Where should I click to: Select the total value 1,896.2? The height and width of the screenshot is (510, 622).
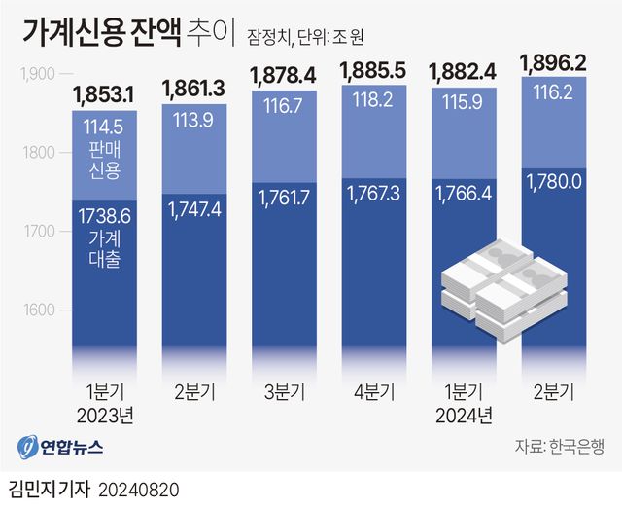pyautogui.click(x=553, y=63)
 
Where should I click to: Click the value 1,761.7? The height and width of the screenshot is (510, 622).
pyautogui.click(x=285, y=198)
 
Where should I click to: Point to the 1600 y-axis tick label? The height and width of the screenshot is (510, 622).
pyautogui.click(x=38, y=310)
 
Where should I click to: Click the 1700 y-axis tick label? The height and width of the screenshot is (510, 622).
pyautogui.click(x=38, y=232)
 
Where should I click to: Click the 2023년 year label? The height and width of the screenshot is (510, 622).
pyautogui.click(x=102, y=415)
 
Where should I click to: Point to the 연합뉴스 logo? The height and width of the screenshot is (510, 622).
pyautogui.click(x=60, y=448)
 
